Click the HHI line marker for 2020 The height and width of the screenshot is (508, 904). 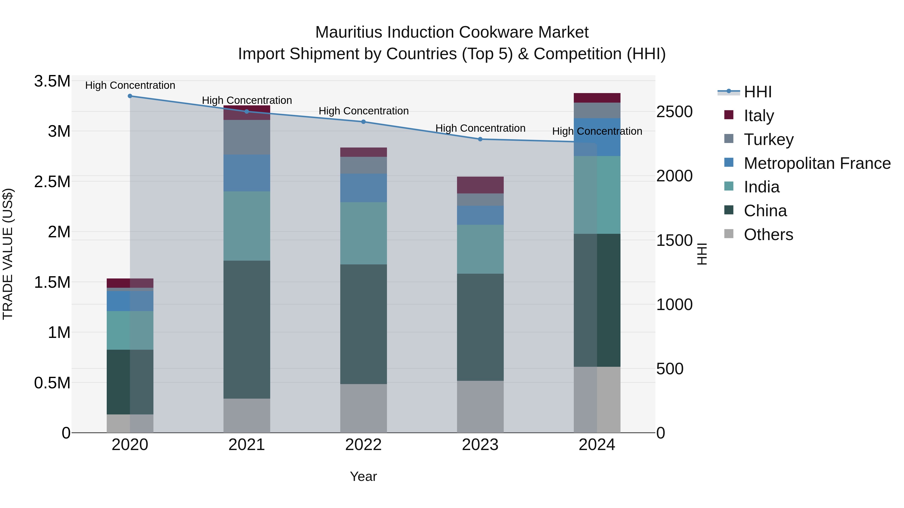click(130, 96)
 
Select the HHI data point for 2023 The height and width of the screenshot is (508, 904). click(480, 139)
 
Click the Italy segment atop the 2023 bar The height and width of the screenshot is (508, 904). click(480, 185)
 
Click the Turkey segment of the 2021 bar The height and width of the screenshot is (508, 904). click(247, 137)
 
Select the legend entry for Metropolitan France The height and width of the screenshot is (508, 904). click(817, 163)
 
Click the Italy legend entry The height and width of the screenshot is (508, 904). click(759, 116)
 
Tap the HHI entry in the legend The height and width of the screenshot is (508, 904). click(757, 92)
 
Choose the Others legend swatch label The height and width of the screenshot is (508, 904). click(768, 235)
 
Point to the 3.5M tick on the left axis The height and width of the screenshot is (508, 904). click(52, 81)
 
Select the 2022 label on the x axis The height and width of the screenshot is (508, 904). click(363, 445)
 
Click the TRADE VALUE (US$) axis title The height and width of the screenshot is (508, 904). click(8, 254)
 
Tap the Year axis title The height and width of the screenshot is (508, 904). click(363, 476)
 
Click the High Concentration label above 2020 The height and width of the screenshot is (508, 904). click(130, 85)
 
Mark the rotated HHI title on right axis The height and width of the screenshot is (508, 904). click(702, 254)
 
